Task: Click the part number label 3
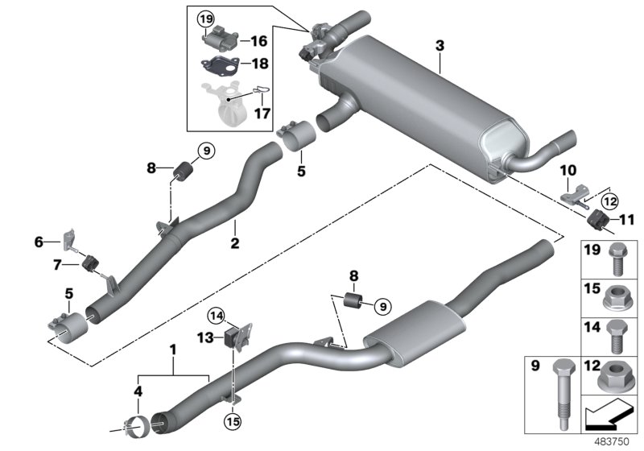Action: (x=439, y=48)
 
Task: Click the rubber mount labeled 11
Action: (x=597, y=220)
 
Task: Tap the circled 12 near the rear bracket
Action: (x=609, y=201)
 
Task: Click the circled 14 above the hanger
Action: (x=217, y=315)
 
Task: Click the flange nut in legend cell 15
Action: (x=615, y=300)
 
